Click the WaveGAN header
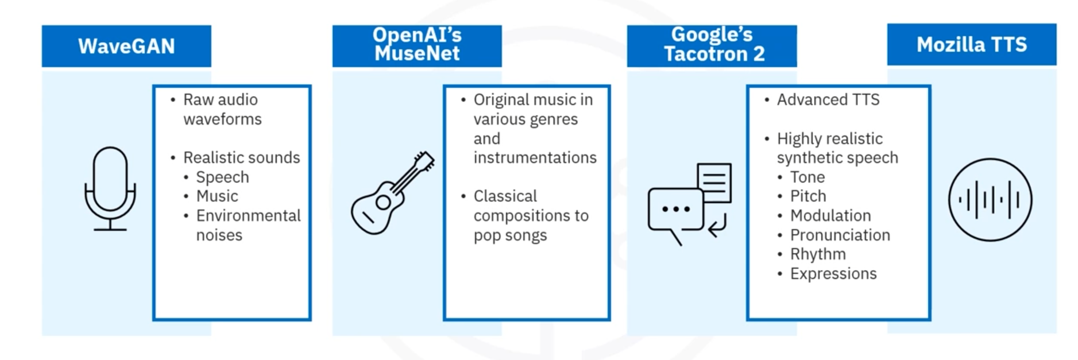point(126,46)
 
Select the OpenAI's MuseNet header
point(417,46)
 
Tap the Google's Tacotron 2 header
point(712,46)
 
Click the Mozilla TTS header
point(972,44)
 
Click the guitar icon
point(392,193)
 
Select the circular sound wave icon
point(990,200)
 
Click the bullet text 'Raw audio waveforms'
point(222,109)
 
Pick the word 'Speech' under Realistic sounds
point(222,177)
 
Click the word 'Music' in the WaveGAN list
point(217,196)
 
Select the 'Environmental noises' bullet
point(248,225)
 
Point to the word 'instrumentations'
point(535,157)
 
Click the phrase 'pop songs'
point(510,235)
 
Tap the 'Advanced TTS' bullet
point(828,99)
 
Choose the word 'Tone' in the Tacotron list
point(807,177)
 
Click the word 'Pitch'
point(808,196)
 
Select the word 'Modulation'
point(830,215)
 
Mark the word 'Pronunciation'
point(840,235)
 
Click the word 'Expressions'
point(833,274)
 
